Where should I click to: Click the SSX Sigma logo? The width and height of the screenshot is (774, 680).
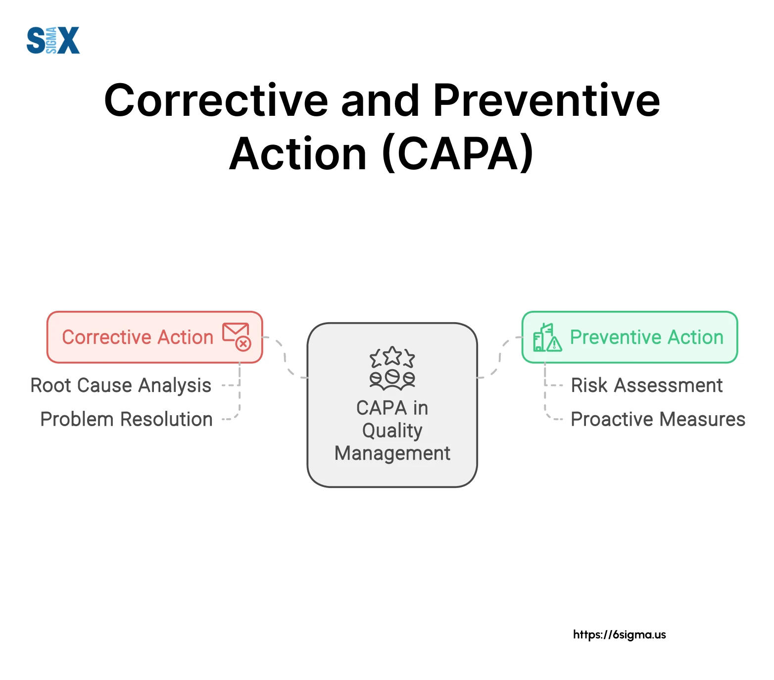53,41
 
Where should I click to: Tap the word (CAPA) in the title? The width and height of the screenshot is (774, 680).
458,154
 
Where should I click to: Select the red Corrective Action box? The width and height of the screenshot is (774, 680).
154,337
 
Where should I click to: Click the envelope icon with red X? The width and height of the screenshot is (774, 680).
237,337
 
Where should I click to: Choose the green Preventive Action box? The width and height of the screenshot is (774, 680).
629,337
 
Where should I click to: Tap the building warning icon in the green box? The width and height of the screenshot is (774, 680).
547,338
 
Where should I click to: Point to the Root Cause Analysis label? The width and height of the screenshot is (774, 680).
121,385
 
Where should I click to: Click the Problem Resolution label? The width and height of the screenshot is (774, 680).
126,419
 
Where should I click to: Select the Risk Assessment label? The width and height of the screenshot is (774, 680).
646,385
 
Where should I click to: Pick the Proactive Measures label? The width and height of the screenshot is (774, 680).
658,419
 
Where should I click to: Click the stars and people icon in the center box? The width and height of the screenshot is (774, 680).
392,367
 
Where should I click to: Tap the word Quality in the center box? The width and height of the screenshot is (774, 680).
392,431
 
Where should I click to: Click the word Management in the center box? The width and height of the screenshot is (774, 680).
392,453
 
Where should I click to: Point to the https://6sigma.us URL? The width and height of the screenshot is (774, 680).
619,634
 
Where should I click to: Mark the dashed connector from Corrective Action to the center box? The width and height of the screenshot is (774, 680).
285,357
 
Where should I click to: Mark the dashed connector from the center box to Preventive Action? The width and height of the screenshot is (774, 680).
499,357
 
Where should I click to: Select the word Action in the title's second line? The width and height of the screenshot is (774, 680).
298,154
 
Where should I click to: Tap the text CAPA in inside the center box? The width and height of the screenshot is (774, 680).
392,408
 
